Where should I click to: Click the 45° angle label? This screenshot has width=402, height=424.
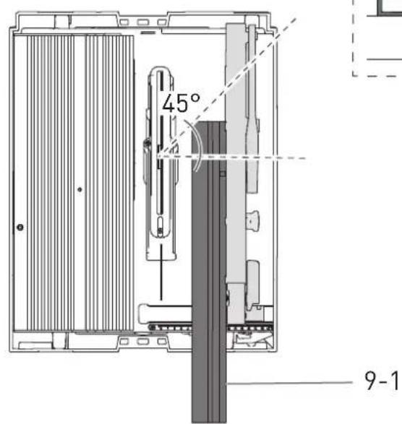tap(181, 103)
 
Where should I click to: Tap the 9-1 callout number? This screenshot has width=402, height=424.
tap(382, 381)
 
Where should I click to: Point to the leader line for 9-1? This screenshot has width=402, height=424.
tap(290, 383)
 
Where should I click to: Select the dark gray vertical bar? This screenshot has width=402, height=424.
tap(209, 272)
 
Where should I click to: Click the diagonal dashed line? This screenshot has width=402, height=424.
tap(228, 88)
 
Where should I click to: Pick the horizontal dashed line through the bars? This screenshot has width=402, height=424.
tap(232, 157)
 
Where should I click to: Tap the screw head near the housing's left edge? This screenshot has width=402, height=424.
tap(20, 227)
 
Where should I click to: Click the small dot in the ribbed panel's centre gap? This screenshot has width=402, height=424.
tap(80, 189)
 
